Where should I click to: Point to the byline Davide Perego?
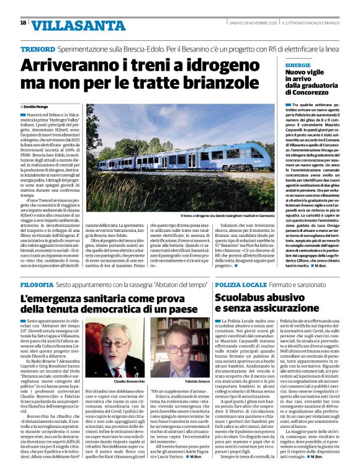tap(35, 107)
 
